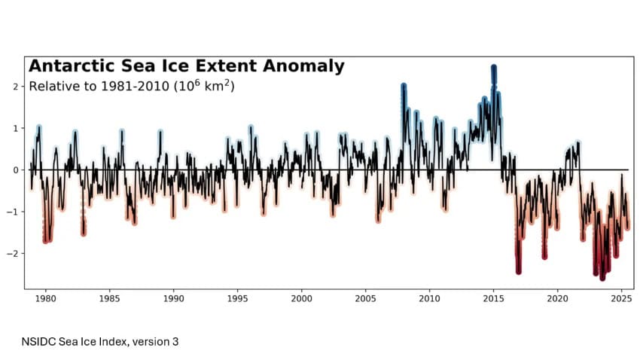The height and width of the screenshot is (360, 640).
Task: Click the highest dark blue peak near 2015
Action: click(494, 69)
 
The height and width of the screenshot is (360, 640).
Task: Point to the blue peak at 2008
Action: click(404, 87)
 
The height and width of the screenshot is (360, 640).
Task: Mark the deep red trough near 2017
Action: click(518, 271)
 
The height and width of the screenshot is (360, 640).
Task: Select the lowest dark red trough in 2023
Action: click(602, 277)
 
